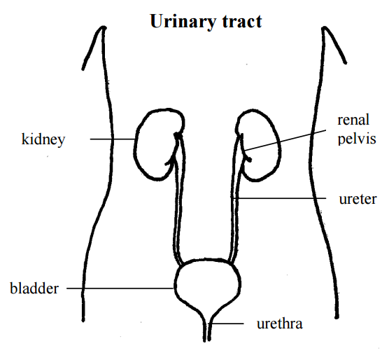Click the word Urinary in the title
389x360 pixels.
[183, 22]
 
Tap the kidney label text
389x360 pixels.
[43, 139]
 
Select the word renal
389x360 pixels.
[353, 120]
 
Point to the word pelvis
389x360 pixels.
[357, 139]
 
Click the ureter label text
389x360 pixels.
[358, 199]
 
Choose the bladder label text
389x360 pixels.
[34, 289]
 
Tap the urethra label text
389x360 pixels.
[280, 324]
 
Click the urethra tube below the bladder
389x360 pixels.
[207, 328]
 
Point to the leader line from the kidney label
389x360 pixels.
[113, 139]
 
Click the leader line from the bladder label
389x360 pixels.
[120, 289]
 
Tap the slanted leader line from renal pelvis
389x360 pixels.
[285, 140]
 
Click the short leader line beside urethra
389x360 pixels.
[226, 324]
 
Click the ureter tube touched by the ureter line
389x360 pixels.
[234, 199]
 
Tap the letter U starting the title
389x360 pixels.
[157, 21]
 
